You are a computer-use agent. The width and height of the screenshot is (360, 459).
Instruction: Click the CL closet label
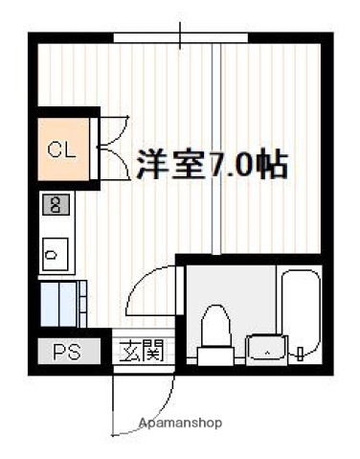60,149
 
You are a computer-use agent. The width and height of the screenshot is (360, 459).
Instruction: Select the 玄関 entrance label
140,351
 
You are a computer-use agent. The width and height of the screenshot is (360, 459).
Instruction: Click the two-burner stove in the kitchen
56,205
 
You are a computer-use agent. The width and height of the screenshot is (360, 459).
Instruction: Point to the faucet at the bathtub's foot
302,354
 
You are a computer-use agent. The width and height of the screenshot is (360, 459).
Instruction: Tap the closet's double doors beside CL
113,147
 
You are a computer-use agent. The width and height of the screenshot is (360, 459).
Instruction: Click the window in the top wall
182,37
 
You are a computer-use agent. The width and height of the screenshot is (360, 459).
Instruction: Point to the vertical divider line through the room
221,144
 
